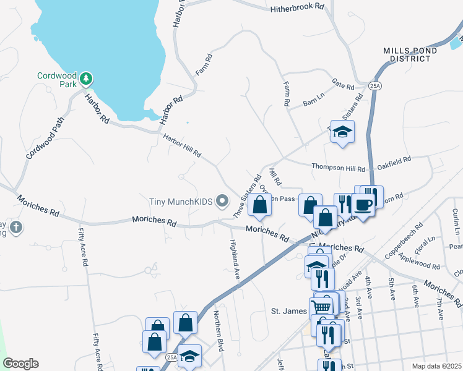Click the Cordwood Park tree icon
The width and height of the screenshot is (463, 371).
(x=87, y=78)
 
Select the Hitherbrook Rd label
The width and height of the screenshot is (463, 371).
(x=297, y=7)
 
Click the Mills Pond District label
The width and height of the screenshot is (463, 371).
(x=406, y=54)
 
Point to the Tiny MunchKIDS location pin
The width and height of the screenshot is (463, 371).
(x=224, y=202)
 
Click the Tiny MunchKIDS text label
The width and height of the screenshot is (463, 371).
(x=181, y=202)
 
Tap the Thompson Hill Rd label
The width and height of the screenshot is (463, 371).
(x=339, y=167)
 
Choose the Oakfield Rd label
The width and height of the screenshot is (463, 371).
(x=394, y=160)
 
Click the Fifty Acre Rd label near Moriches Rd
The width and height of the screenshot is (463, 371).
(x=82, y=247)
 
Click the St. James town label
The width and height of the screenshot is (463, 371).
(x=290, y=310)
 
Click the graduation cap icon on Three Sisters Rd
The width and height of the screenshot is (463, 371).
(x=342, y=132)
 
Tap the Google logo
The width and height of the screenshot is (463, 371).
(x=20, y=363)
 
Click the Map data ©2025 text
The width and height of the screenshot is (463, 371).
(x=436, y=366)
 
